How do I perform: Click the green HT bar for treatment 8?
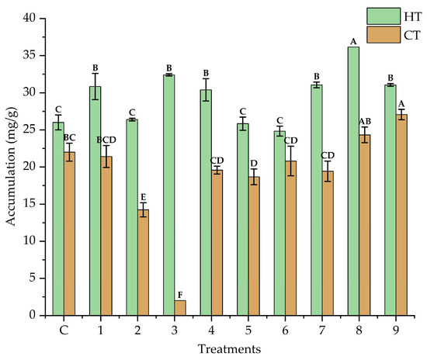click(353, 182)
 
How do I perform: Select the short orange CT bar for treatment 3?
click(180, 308)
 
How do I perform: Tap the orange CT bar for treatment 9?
click(401, 215)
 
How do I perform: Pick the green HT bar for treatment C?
click(58, 219)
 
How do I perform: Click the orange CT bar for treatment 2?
click(144, 262)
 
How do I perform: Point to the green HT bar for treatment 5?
click(243, 220)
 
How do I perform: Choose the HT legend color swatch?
click(384, 16)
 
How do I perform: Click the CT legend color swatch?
click(384, 35)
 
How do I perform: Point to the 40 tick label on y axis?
click(30, 18)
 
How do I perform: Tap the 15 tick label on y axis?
click(30, 204)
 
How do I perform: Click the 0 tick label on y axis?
click(33, 315)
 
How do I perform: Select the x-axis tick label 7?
click(322, 331)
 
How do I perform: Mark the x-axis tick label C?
click(64, 331)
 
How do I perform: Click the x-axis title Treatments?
click(229, 349)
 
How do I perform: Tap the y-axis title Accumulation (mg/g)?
click(12, 167)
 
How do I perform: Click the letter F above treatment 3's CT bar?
click(180, 295)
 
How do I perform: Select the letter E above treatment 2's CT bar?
click(144, 197)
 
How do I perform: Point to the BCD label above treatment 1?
click(106, 140)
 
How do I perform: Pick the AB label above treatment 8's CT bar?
click(365, 121)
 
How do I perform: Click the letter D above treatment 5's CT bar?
click(254, 163)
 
